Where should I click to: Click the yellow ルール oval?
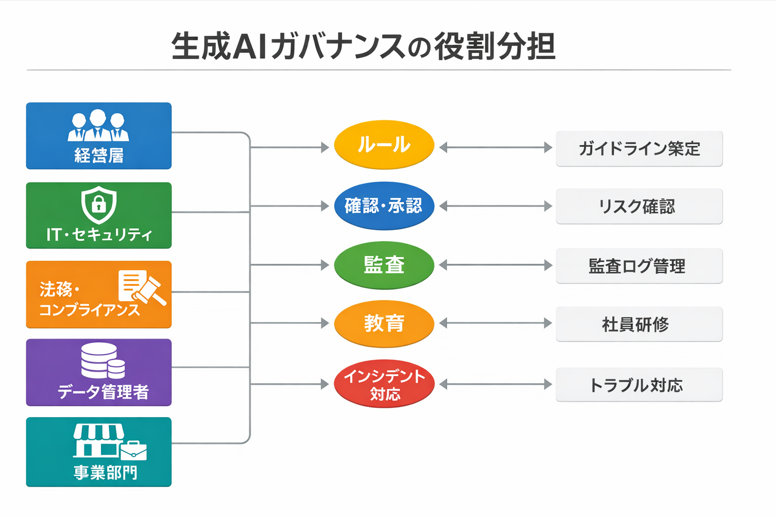[x=384, y=145]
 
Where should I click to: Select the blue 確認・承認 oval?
[x=384, y=206]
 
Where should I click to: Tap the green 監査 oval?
[x=384, y=265]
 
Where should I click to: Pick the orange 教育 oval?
[x=384, y=324]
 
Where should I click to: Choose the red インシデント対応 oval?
[x=384, y=384]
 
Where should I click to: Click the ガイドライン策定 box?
[x=639, y=149]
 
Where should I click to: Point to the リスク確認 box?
[x=639, y=206]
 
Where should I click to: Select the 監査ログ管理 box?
[x=639, y=266]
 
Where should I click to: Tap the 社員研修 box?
[x=639, y=324]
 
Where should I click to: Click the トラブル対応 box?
[x=639, y=385]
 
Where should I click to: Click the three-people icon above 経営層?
[x=99, y=125]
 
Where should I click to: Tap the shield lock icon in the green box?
[x=99, y=204]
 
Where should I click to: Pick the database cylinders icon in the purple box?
[x=103, y=360]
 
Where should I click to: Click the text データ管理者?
[x=103, y=392]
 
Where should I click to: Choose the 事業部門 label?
[x=105, y=473]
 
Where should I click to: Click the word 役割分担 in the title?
[x=495, y=46]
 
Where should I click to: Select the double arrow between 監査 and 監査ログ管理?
[x=495, y=265]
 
